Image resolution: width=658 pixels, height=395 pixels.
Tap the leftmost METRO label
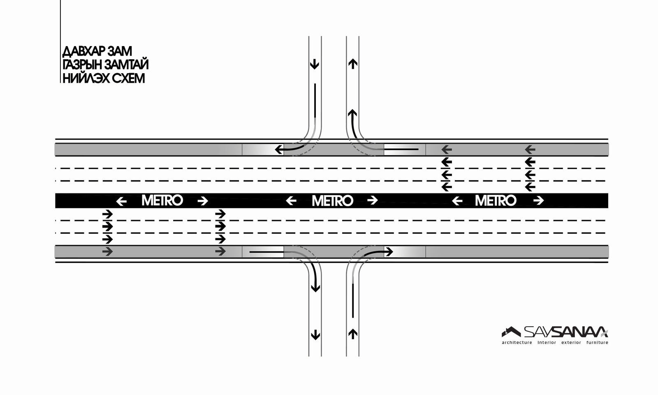[x=162, y=201]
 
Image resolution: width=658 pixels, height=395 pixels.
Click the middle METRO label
[x=332, y=201]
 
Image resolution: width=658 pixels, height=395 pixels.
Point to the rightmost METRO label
[x=496, y=201]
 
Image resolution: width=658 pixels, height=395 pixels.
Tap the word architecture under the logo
[x=517, y=343]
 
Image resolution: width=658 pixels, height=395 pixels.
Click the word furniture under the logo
[x=597, y=343]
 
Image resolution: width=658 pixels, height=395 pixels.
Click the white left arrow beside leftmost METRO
[x=121, y=201]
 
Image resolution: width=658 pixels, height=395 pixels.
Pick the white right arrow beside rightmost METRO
[x=538, y=201]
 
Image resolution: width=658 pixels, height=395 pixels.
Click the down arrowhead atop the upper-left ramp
[x=315, y=64]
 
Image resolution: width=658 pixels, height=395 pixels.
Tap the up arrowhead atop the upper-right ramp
[x=353, y=63]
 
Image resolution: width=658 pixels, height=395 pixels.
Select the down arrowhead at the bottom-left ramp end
[x=315, y=335]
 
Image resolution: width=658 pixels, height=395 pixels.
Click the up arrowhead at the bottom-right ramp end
[x=353, y=334]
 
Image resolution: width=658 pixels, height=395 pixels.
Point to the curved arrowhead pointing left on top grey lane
[x=279, y=149]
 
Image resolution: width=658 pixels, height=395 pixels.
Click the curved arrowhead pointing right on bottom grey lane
[x=389, y=251]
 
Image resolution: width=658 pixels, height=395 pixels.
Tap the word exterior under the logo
[x=571, y=343]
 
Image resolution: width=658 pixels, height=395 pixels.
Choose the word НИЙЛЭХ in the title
[x=82, y=79]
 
